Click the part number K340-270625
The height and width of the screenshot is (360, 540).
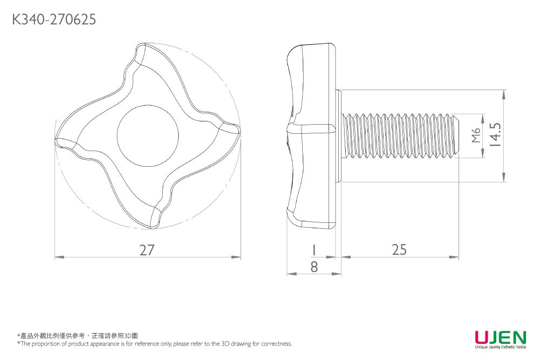(x=54, y=20)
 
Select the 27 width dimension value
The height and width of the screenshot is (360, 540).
(x=147, y=250)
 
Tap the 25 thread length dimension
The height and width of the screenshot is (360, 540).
(x=399, y=249)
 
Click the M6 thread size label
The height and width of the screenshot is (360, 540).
(x=475, y=135)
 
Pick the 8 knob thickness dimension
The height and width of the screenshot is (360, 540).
(x=313, y=266)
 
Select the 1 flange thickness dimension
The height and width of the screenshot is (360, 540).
(x=313, y=250)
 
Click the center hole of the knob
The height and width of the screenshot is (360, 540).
(x=147, y=131)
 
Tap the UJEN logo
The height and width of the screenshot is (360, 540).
(x=500, y=337)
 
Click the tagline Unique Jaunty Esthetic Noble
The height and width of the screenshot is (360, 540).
(x=500, y=347)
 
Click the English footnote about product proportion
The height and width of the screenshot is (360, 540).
(x=155, y=344)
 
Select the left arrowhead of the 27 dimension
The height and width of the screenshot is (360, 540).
(x=59, y=257)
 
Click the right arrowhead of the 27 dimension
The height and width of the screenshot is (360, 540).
(x=237, y=257)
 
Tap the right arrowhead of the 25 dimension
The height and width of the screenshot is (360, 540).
(x=455, y=257)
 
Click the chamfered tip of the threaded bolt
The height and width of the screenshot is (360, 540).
(x=456, y=135)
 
